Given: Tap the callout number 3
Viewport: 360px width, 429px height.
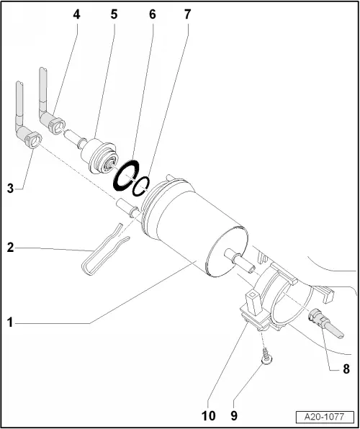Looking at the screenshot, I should (11, 189).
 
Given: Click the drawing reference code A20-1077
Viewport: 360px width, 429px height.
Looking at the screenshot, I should (325, 417).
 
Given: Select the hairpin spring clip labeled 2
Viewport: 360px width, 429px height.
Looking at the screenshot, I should (101, 247).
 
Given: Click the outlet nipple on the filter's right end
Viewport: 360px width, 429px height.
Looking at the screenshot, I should (241, 262).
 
